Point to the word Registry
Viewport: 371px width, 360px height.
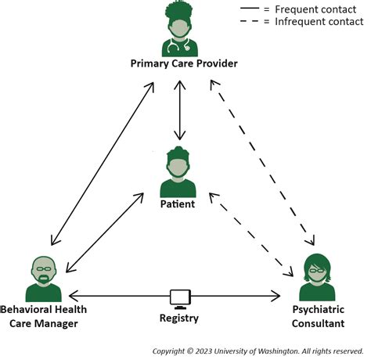pos(179,319)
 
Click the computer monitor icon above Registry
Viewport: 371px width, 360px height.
pos(180,297)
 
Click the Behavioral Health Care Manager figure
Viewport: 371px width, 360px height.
pos(43,279)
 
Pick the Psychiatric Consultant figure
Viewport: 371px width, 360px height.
pos(316,277)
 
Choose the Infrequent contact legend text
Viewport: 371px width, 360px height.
pos(318,21)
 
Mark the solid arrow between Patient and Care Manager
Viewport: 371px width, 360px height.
pos(104,232)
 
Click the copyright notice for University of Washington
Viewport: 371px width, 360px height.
pos(258,351)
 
